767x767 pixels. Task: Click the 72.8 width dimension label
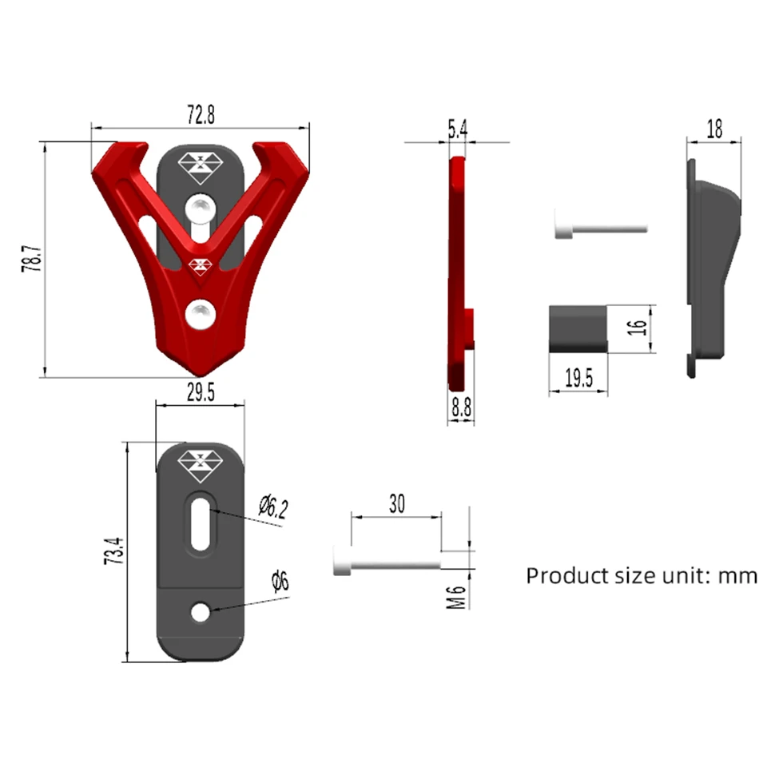pos(201,114)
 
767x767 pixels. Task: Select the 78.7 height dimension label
pos(32,259)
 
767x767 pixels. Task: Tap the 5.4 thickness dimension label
pos(458,129)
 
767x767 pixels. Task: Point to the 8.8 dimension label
pos(461,407)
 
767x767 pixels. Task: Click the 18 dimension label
pos(714,129)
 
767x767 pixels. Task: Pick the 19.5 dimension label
pos(578,378)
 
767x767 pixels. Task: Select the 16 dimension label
pos(638,328)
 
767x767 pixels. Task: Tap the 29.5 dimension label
pos(201,392)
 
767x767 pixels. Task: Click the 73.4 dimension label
pos(114,551)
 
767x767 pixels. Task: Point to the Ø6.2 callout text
pos(274,507)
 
